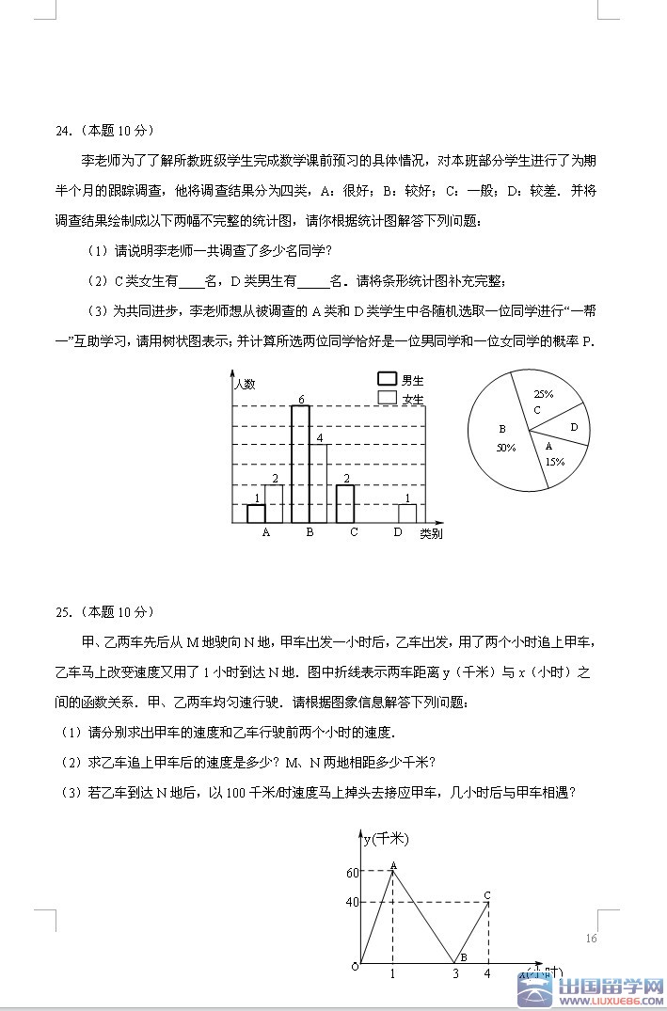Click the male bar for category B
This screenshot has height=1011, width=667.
[x=300, y=465]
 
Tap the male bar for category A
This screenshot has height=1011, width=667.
[x=256, y=513]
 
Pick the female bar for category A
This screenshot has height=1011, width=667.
[x=274, y=504]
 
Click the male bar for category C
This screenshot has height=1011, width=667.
[x=345, y=504]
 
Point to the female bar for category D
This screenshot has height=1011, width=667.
[x=406, y=513]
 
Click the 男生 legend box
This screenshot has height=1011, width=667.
[x=387, y=379]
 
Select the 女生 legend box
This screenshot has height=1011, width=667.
[x=387, y=398]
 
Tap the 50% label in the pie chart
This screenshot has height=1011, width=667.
[x=506, y=448]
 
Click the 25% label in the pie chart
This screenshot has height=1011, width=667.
[x=543, y=394]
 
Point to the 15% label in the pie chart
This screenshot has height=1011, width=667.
[x=554, y=461]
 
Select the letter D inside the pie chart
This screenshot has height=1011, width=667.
[x=573, y=427]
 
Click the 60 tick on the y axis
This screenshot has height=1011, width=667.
[x=353, y=873]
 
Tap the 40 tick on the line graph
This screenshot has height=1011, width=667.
[x=353, y=903]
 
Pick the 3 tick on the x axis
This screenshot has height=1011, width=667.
[x=455, y=974]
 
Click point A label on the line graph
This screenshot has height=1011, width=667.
[x=392, y=865]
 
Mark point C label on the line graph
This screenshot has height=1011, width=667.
[x=487, y=895]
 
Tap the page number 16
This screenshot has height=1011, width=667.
[x=591, y=938]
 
